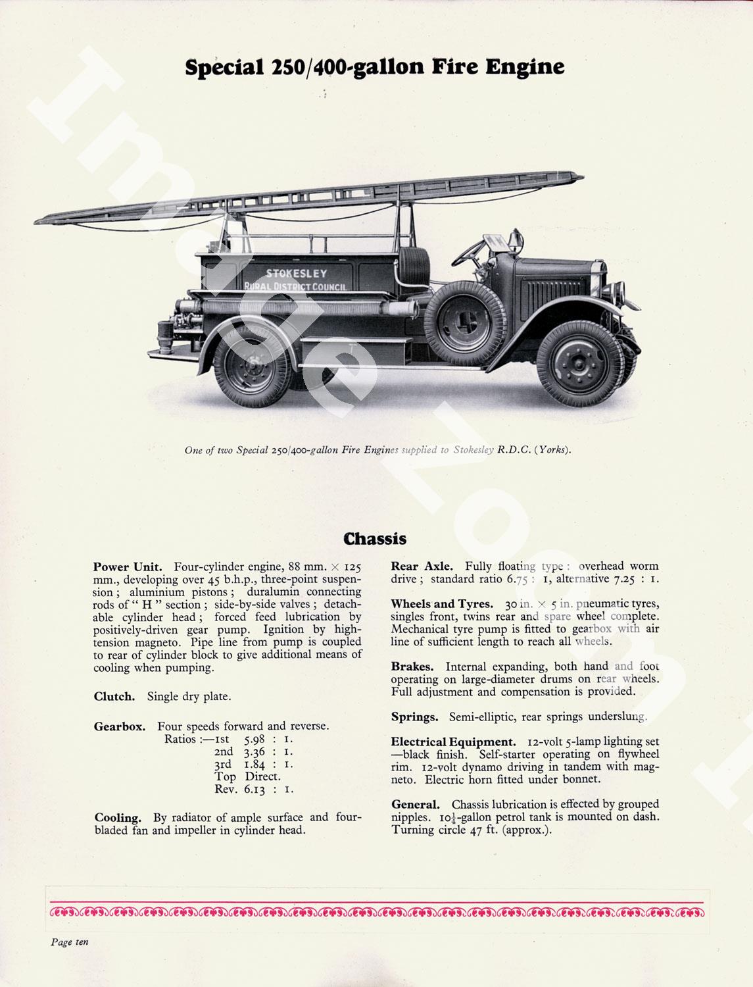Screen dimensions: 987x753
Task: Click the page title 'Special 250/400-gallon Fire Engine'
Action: pyautogui.click(x=375, y=68)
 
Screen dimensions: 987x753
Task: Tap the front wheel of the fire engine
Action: pyautogui.click(x=579, y=364)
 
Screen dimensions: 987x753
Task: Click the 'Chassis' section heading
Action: pyautogui.click(x=376, y=539)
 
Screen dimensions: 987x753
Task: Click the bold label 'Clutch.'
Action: pyautogui.click(x=114, y=696)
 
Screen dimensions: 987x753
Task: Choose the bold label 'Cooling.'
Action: pyautogui.click(x=118, y=818)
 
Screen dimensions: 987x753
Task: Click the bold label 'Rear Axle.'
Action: pyautogui.click(x=422, y=566)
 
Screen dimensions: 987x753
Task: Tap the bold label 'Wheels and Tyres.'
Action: pyautogui.click(x=441, y=604)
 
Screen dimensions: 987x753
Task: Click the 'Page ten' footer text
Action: pyautogui.click(x=70, y=942)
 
